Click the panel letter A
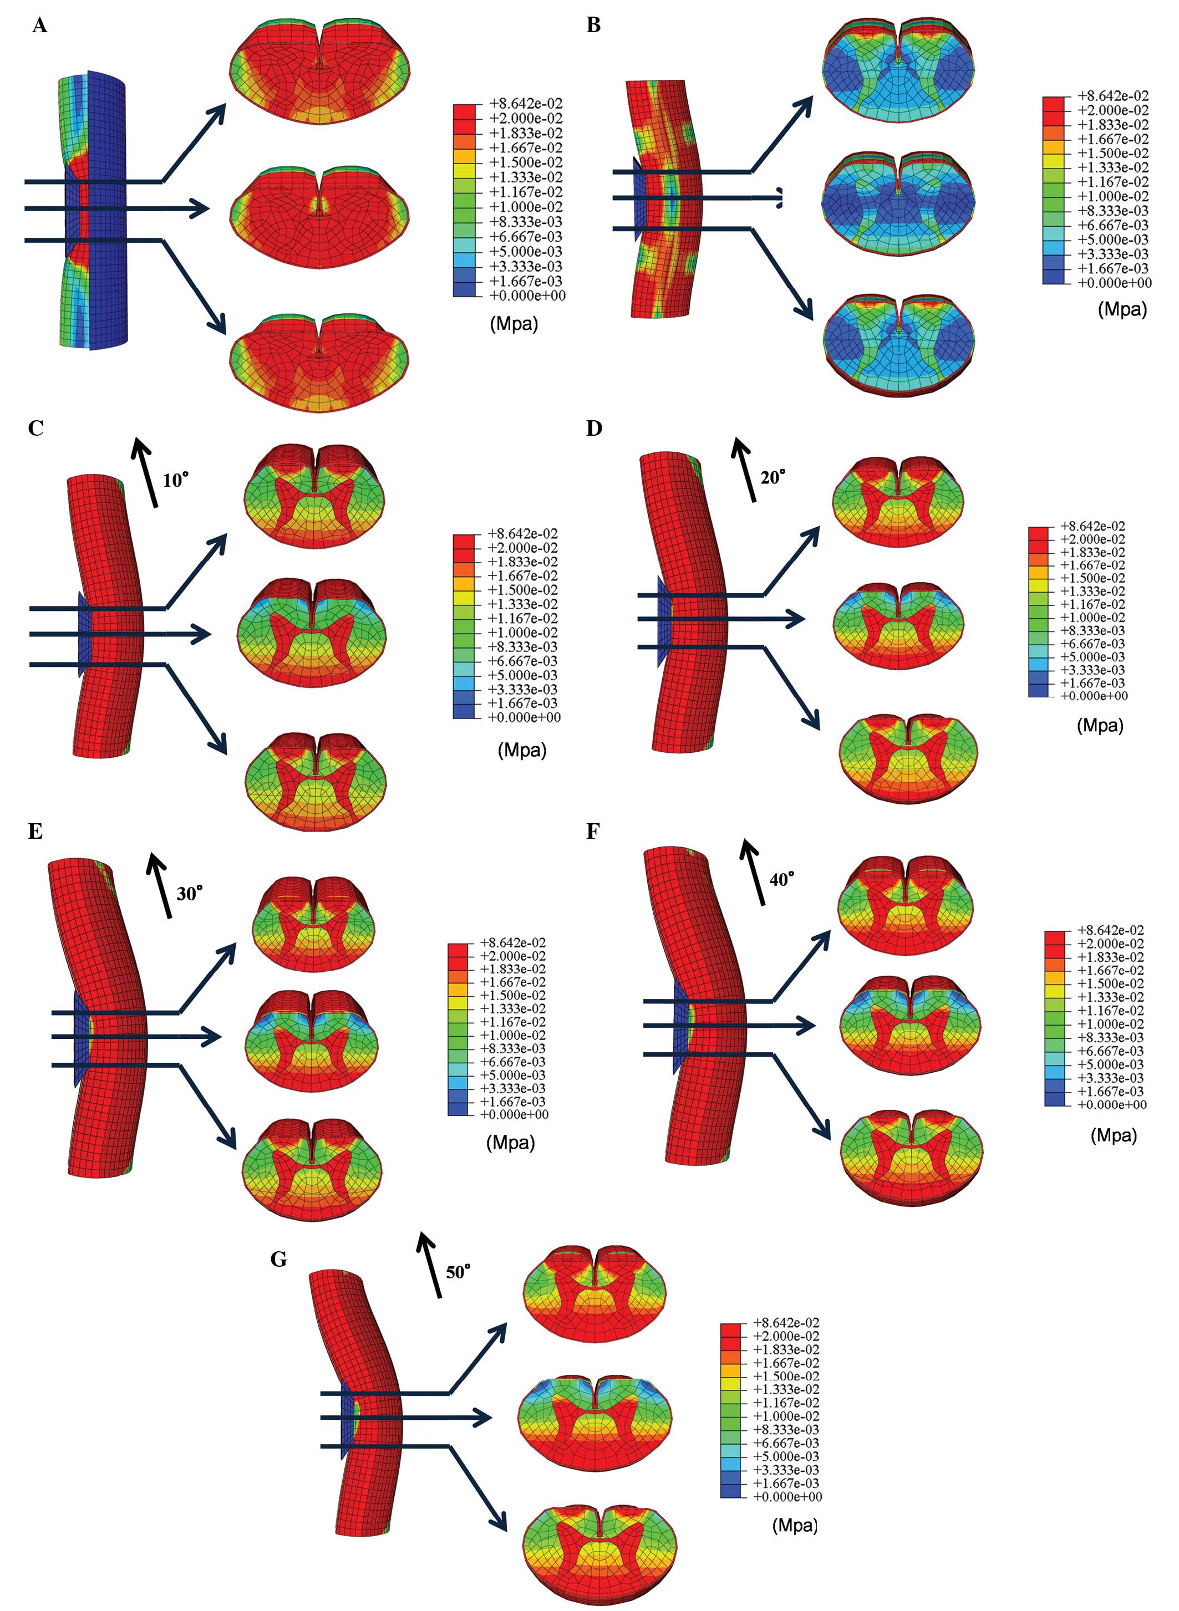point(40,27)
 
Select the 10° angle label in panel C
point(176,480)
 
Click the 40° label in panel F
point(781,880)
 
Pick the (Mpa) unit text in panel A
point(513,324)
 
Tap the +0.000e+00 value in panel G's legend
point(787,1496)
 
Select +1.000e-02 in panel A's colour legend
point(525,207)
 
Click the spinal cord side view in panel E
point(100,1020)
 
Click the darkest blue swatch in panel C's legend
point(464,711)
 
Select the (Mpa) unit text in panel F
point(1114,1135)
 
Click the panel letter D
point(594,428)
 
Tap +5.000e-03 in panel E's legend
point(512,1075)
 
